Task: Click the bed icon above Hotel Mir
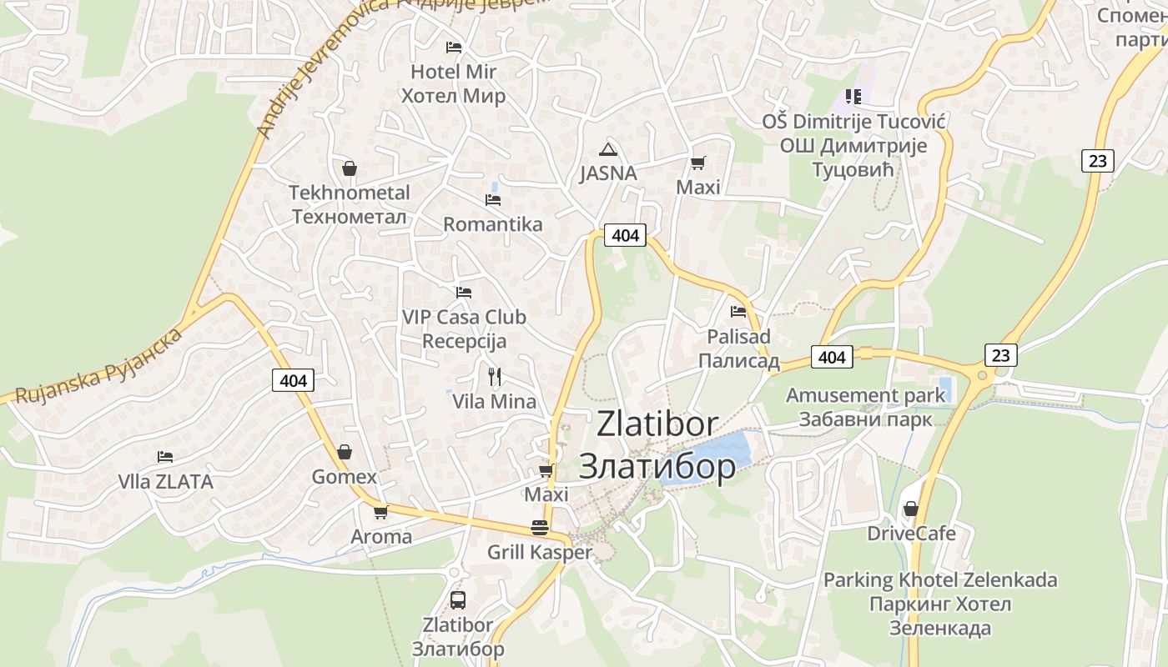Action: (x=453, y=47)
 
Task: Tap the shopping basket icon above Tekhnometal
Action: (x=350, y=168)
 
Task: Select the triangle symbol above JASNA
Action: (x=608, y=150)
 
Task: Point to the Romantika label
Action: (x=492, y=224)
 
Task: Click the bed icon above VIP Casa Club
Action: (x=464, y=293)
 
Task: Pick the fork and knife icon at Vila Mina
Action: (x=495, y=376)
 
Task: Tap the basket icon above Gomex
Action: (x=344, y=453)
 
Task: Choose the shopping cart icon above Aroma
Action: (x=380, y=512)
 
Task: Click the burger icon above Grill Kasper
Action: (x=539, y=528)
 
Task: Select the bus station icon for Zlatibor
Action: (x=457, y=599)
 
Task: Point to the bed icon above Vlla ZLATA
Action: (x=165, y=457)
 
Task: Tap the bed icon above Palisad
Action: (x=738, y=312)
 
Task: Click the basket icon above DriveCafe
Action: (x=910, y=508)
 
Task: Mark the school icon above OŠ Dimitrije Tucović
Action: (x=853, y=97)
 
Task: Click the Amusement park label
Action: (x=866, y=395)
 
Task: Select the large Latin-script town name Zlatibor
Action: (x=657, y=424)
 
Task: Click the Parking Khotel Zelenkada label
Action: (x=940, y=579)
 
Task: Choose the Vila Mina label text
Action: (x=494, y=401)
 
